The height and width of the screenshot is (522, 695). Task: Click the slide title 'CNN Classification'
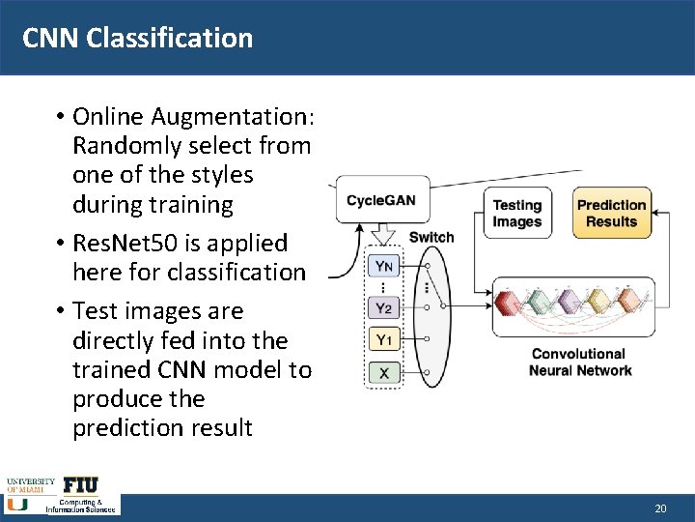coord(137,38)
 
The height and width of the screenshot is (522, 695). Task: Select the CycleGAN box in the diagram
coord(380,200)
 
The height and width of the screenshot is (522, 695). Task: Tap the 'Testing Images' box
coord(517,214)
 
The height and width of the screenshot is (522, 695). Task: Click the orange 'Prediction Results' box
coord(611,213)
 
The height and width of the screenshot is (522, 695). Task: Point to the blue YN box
coord(383,266)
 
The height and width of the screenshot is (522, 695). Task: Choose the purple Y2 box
coord(383,308)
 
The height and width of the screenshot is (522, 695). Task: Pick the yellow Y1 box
coord(383,339)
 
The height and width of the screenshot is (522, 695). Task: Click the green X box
coord(383,371)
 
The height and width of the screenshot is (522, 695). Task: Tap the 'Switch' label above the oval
coord(431,238)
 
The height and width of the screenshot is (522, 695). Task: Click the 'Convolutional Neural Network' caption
coord(580,362)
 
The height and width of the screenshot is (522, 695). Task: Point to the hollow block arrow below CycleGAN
coord(383,236)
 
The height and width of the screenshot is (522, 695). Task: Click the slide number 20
coord(660,507)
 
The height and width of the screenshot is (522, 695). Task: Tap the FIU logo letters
coord(81,485)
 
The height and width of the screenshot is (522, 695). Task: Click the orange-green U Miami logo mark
coord(16,504)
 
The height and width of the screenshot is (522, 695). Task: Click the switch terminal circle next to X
coord(426,371)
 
